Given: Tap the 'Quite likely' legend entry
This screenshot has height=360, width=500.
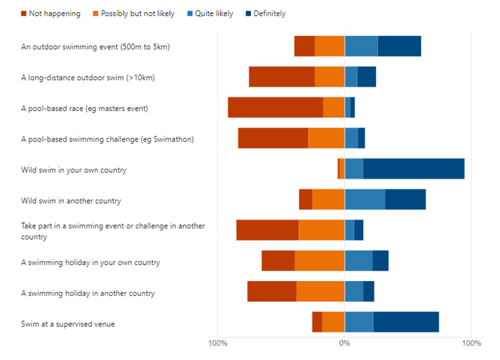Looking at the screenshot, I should (213, 14).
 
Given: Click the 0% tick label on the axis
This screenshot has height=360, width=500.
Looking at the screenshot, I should (344, 343).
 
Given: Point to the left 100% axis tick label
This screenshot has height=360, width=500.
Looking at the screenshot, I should (218, 343).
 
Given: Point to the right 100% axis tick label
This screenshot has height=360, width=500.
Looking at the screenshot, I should (471, 343).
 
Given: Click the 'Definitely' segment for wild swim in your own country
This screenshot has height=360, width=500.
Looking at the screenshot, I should (414, 169).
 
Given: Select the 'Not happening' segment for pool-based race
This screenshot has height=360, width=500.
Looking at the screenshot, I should (275, 107).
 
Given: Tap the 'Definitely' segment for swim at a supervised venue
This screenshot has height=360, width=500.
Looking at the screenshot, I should (406, 322).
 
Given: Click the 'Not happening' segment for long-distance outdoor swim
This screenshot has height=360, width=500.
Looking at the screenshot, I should (282, 77).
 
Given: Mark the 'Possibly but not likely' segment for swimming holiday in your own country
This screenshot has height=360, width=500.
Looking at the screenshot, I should (319, 261).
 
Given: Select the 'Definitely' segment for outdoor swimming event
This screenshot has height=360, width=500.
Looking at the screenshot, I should (399, 46).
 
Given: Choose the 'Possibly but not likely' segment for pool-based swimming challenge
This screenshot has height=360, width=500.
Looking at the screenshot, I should (326, 138).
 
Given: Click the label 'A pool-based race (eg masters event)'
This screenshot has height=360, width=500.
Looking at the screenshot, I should (85, 108).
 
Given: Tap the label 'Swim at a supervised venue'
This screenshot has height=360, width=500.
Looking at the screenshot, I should (68, 324).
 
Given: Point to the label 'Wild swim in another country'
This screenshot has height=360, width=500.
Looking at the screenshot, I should (71, 201).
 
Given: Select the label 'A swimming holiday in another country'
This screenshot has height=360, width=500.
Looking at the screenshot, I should (88, 293).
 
